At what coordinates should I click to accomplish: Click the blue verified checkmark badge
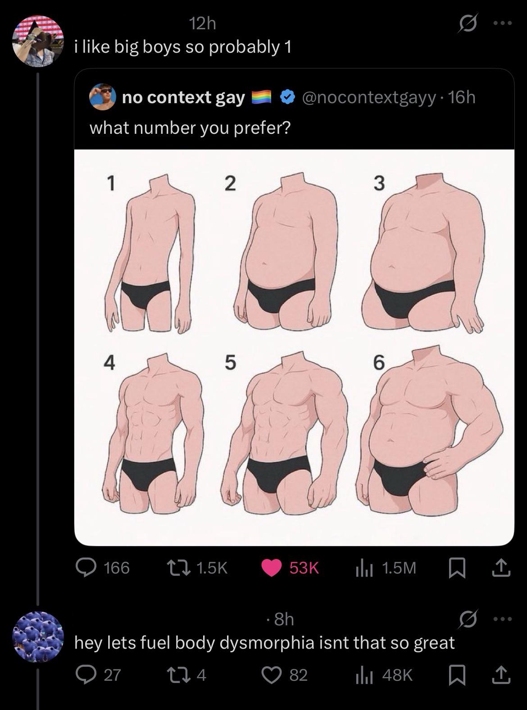288,97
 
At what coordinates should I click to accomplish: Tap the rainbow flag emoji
261,97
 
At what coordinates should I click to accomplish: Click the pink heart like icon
272,568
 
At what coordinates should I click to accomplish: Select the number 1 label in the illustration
110,183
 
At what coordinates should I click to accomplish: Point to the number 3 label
379,183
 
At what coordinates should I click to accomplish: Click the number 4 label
109,363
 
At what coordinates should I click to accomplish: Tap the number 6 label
379,363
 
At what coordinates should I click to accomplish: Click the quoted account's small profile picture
102,97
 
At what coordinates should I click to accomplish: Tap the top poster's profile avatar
38,41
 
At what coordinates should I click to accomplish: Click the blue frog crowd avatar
38,637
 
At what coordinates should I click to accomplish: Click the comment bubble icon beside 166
85,568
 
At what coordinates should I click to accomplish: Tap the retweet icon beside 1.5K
179,568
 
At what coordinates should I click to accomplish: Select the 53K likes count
304,568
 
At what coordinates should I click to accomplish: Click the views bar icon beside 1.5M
363,568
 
